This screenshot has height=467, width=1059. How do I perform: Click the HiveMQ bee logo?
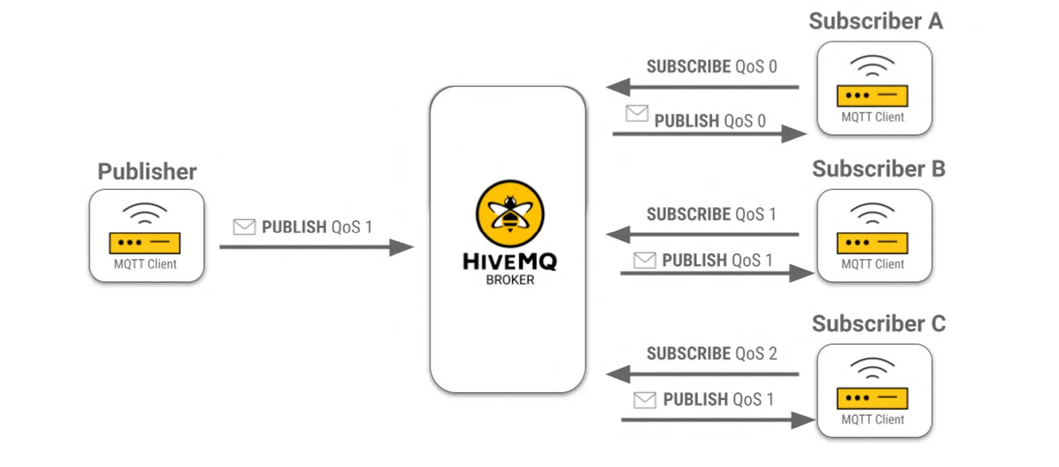pos(510,213)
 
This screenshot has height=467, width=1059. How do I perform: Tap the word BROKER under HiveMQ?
pos(510,279)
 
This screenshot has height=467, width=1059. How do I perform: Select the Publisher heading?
pos(147,171)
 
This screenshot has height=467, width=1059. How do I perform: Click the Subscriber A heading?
pos(876,21)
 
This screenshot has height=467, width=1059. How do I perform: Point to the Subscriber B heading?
pos(878,169)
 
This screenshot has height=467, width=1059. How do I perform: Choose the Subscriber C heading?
pos(878,324)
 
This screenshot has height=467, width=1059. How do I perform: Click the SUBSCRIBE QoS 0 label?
pos(712,66)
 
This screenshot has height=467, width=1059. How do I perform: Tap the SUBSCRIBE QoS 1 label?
pos(711,214)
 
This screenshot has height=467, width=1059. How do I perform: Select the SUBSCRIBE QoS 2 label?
pos(712,354)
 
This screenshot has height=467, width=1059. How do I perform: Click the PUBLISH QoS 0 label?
pos(710,121)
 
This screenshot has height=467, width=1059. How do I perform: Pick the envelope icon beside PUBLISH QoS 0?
pos(637,113)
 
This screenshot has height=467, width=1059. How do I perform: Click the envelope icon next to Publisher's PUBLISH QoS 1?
pos(244,227)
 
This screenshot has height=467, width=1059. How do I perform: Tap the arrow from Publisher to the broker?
pos(316,247)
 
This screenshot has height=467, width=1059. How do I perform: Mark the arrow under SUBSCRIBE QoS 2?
pos(703,374)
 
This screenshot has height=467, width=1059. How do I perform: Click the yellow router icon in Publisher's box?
pos(144,242)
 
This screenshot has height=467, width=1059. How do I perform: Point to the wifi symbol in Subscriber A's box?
pos(872,65)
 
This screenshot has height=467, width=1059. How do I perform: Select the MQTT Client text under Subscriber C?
pos(873,419)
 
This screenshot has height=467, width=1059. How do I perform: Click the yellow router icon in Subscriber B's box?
pos(872,242)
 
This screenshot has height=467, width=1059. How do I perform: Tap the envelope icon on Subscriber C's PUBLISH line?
pos(645,400)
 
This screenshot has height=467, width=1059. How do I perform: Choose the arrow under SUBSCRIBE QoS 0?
pos(703,87)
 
